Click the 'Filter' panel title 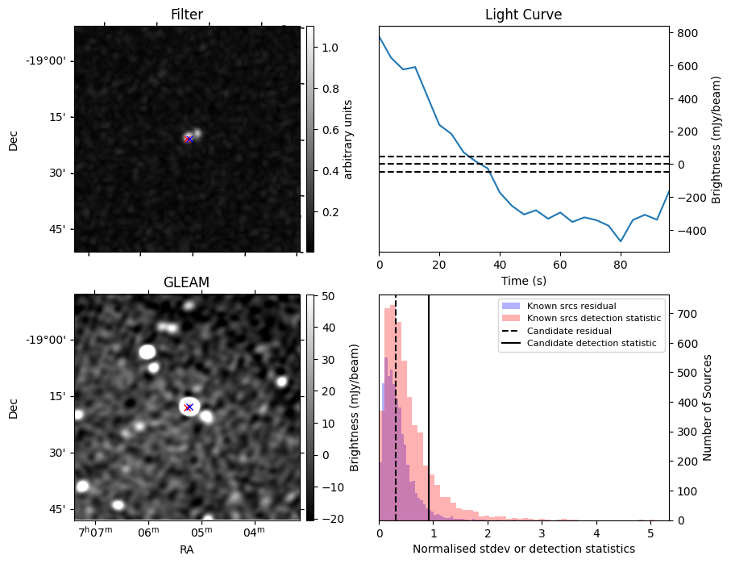pos(187,15)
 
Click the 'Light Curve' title pos(523,15)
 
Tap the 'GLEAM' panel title pos(187,282)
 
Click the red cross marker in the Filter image pos(189,139)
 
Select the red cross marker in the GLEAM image pos(189,407)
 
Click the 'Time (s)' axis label pos(523,280)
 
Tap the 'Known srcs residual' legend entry pos(571,306)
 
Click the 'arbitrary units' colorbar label pos(348,139)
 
